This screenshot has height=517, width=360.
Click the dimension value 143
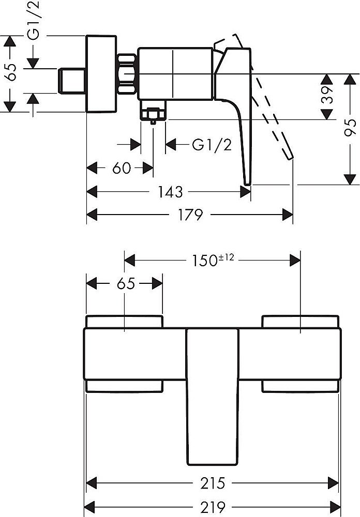coord(171,192)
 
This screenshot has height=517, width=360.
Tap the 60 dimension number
coord(121,169)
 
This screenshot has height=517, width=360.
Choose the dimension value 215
coord(213,484)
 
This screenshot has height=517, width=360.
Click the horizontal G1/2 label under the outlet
coord(212,145)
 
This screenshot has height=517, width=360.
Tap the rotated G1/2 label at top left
coord(34,21)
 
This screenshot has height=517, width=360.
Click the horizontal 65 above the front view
coord(124,283)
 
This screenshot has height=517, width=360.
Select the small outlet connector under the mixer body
coord(153,113)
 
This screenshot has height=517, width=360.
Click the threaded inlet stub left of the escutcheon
coord(73,81)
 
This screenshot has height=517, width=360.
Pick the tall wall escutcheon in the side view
coord(101,73)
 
